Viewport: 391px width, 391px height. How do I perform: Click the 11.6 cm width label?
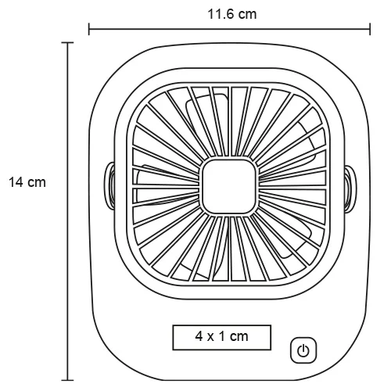click(229, 13)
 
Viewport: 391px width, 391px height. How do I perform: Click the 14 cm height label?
click(27, 182)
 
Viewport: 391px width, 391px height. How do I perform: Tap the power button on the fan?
click(304, 349)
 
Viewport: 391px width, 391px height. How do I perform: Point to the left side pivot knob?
click(109, 185)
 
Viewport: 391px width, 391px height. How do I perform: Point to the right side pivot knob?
click(350, 185)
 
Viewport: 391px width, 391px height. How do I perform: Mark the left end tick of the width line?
click(89, 30)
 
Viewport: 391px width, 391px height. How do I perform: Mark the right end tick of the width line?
click(370, 30)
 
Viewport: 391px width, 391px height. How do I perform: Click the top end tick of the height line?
click(70, 43)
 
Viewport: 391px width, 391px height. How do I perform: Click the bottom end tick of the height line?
click(70, 379)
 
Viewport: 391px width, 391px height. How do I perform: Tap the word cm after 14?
click(36, 182)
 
